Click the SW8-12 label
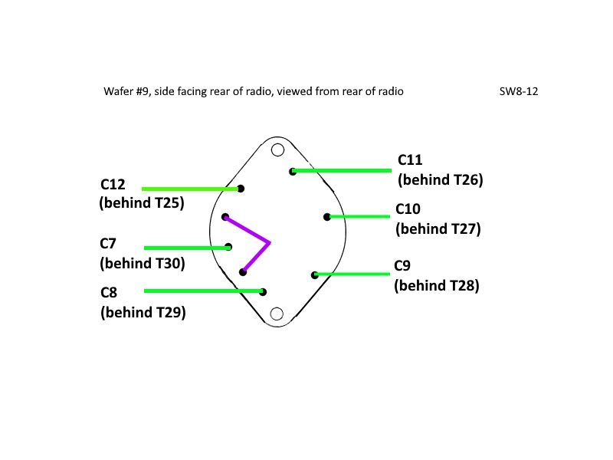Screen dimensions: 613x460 click(519, 91)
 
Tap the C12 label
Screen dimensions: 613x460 click(113, 184)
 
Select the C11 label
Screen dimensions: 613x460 click(410, 160)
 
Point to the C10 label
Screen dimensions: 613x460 click(408, 209)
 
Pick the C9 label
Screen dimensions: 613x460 click(402, 266)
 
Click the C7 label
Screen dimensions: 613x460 click(108, 244)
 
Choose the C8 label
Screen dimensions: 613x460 click(109, 293)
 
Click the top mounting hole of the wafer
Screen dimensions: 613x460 click(277, 149)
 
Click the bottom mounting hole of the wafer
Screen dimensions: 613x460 click(277, 314)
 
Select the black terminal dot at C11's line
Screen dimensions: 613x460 click(293, 171)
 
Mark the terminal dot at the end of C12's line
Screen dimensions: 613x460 click(241, 189)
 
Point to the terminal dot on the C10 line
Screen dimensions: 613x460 click(327, 217)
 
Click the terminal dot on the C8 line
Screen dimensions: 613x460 click(263, 292)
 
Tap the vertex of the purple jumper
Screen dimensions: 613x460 click(270, 243)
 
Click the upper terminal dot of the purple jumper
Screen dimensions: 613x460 click(225, 217)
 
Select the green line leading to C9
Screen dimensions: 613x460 click(352, 274)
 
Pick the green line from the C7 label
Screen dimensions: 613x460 click(187, 248)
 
